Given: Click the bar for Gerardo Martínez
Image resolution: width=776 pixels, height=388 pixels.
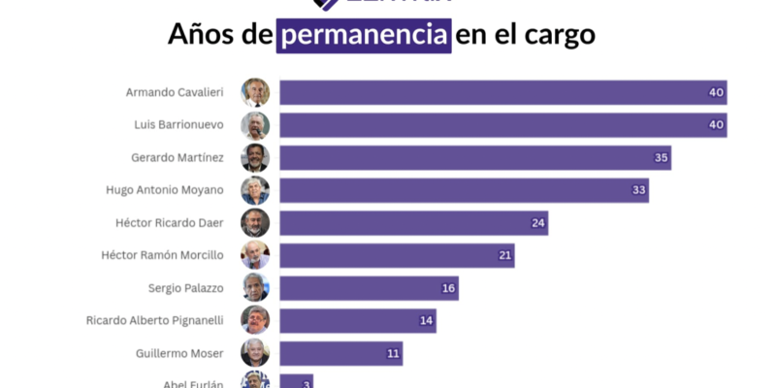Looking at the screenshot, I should click(475, 157).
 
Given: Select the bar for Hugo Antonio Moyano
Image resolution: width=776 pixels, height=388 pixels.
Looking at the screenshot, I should click(464, 190).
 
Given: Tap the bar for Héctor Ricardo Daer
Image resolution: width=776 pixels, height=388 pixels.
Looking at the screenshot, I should click(414, 223).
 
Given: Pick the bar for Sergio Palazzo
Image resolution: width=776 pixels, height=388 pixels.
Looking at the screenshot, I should click(369, 288).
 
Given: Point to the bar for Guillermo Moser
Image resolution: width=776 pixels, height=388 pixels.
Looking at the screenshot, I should click(340, 353).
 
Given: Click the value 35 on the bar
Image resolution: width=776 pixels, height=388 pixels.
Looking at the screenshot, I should click(661, 157).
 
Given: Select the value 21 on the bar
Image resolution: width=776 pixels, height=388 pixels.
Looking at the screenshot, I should click(503, 255).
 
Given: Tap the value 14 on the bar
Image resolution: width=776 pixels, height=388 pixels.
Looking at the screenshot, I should click(426, 321).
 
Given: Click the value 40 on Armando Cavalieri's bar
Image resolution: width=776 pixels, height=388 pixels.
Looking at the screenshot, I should click(716, 92).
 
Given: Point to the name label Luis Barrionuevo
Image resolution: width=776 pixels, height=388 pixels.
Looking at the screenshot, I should click(178, 125).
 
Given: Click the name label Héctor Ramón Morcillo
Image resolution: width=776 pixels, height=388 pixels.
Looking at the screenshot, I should click(162, 255).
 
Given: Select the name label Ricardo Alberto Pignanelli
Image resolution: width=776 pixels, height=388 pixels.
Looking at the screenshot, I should click(154, 321).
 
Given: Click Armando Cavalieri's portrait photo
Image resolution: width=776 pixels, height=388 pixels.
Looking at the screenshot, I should click(255, 92).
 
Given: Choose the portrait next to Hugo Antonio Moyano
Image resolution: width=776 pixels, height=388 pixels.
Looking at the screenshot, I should click(255, 190).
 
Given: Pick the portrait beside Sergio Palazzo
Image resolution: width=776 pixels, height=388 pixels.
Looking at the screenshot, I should click(255, 288).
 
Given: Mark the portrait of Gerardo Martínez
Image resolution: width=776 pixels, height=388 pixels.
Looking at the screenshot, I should click(255, 157).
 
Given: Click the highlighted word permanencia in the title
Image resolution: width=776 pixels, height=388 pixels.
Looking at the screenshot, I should click(365, 35).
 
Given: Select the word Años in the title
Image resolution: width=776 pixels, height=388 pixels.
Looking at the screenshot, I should click(202, 35).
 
